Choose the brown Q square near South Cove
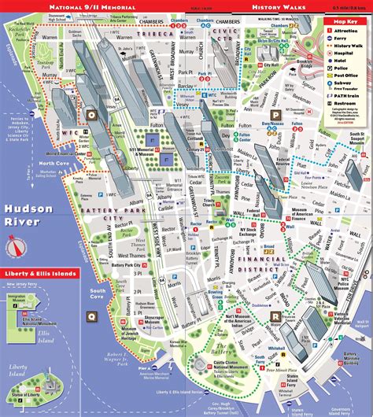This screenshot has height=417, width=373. click(91, 338)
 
